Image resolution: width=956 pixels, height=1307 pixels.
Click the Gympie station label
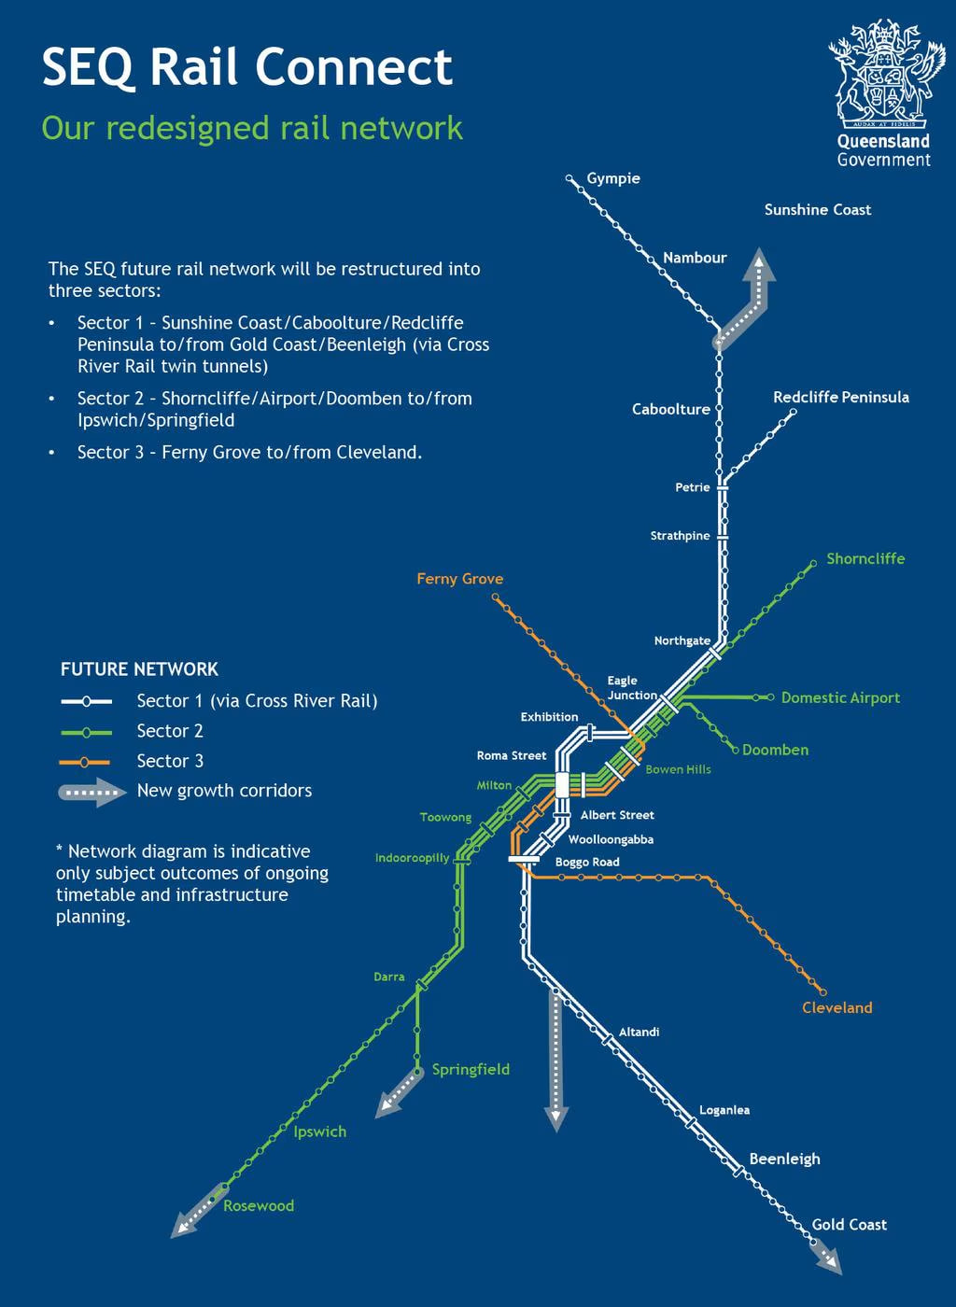coord(612,178)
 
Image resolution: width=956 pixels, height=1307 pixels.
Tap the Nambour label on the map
coord(695,258)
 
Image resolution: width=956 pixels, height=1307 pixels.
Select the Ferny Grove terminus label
coord(460,579)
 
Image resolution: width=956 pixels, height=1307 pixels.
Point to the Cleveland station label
coord(836,1007)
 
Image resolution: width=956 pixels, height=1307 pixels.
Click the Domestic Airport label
coord(840,697)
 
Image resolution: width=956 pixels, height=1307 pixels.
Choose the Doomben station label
coord(775,750)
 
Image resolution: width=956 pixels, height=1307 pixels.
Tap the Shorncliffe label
coord(865,558)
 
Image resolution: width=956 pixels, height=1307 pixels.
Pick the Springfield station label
coord(471,1070)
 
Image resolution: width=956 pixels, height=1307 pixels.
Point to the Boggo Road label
coord(587,862)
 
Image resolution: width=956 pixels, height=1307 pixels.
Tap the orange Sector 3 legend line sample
coord(85,762)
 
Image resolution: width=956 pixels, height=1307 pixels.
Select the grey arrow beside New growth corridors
coord(92,793)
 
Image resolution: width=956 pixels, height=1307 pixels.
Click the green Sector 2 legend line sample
coord(86,732)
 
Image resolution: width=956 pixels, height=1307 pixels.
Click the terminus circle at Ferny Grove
coord(496,597)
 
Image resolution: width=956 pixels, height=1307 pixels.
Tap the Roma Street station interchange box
coord(562,785)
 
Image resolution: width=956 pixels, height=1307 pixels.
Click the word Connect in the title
coord(354,66)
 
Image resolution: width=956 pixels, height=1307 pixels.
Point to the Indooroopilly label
coord(412,858)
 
